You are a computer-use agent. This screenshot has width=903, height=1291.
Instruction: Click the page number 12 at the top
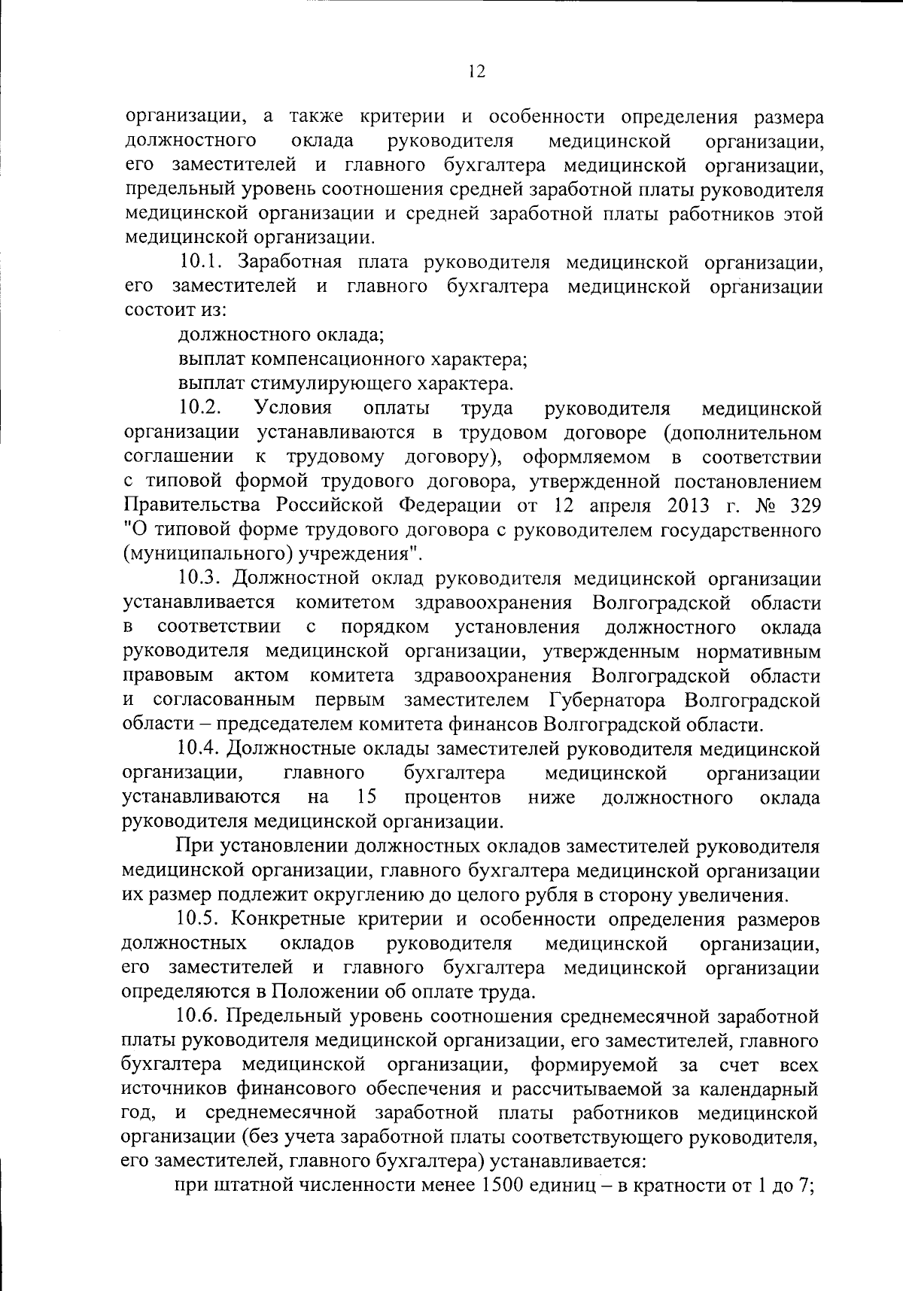click(x=476, y=71)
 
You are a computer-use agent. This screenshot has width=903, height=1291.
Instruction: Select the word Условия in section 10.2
click(x=293, y=408)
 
